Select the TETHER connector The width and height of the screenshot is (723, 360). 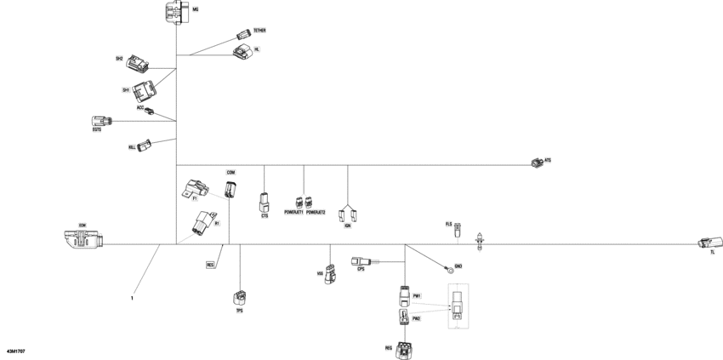242,34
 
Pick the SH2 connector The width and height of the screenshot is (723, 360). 137,62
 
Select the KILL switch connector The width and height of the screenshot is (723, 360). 144,145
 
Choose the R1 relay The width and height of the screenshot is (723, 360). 204,222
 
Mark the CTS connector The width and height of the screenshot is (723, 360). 265,203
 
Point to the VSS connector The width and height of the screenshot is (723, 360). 330,274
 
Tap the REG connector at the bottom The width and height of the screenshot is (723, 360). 405,346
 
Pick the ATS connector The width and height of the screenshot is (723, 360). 536,163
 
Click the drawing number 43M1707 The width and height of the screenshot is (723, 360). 15,350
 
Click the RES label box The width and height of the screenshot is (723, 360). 210,265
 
